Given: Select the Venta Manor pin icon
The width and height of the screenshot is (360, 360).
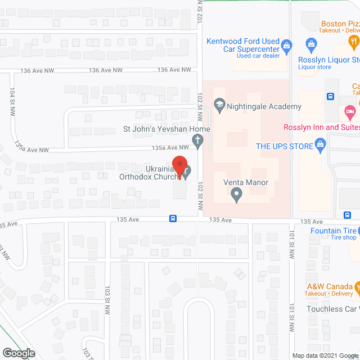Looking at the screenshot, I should (237, 195).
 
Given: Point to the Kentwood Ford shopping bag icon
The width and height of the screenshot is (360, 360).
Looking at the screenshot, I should (286, 45).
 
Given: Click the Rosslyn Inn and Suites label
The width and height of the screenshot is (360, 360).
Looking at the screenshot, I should (321, 127).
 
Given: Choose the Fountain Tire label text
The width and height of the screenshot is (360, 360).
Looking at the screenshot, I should (334, 231).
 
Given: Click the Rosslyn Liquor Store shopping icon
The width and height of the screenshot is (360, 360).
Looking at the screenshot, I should (310, 44).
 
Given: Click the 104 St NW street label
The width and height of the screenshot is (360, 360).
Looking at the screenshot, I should (12, 102).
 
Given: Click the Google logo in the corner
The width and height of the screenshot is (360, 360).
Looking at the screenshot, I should (18, 353).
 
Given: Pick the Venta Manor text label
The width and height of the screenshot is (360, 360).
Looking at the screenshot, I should (246, 182).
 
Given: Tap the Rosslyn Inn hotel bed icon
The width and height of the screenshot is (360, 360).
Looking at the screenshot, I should (349, 111).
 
